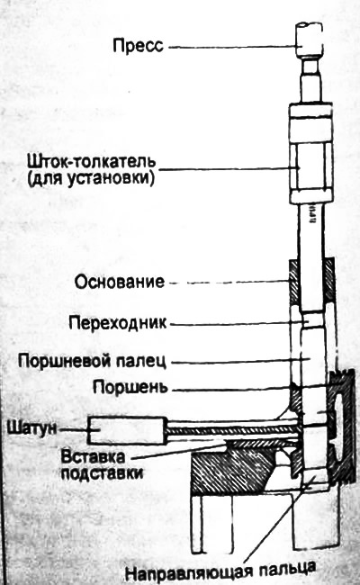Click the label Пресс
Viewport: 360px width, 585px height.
click(138, 46)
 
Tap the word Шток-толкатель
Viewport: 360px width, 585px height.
click(92, 163)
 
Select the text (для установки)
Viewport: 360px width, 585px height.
click(91, 179)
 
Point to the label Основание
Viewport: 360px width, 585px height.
click(120, 282)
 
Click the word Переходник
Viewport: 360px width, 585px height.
click(118, 323)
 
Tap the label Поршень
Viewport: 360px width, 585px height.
click(130, 388)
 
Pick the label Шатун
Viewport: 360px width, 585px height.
click(31, 427)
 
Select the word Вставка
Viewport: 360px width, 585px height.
click(94, 456)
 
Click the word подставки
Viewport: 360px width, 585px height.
click(103, 473)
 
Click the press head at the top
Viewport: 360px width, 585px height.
click(309, 40)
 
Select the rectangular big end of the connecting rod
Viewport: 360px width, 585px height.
click(127, 431)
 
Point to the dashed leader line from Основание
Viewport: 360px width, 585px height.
click(229, 283)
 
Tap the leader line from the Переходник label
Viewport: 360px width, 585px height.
click(238, 324)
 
